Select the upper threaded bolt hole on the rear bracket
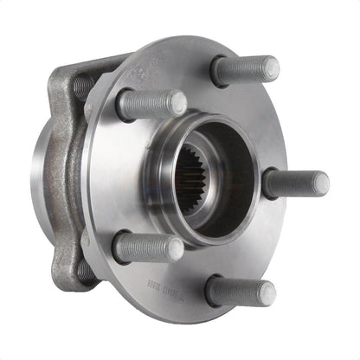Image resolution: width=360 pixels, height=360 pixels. (x=83, y=86)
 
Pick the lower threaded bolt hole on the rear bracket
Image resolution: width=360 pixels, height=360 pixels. (x=84, y=272)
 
